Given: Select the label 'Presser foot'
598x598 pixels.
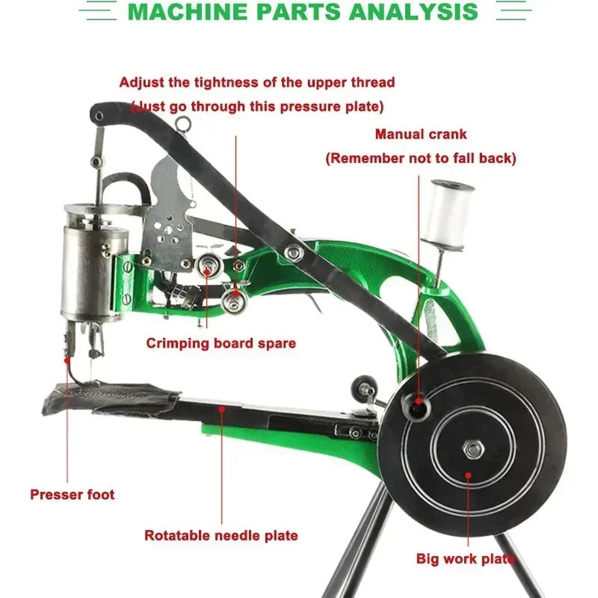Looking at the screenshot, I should click(x=73, y=494).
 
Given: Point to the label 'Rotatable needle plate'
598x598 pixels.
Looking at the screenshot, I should click(x=221, y=535).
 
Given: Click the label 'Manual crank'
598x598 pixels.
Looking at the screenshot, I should click(x=421, y=135).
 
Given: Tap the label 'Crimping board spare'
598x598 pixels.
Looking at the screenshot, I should click(x=221, y=344).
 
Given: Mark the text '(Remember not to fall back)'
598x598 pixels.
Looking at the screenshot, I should click(x=420, y=158).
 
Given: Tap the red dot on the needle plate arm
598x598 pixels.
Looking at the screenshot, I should click(x=222, y=408).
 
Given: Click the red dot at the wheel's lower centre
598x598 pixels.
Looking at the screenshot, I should click(x=468, y=475).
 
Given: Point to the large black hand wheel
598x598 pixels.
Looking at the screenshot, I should click(x=493, y=441).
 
